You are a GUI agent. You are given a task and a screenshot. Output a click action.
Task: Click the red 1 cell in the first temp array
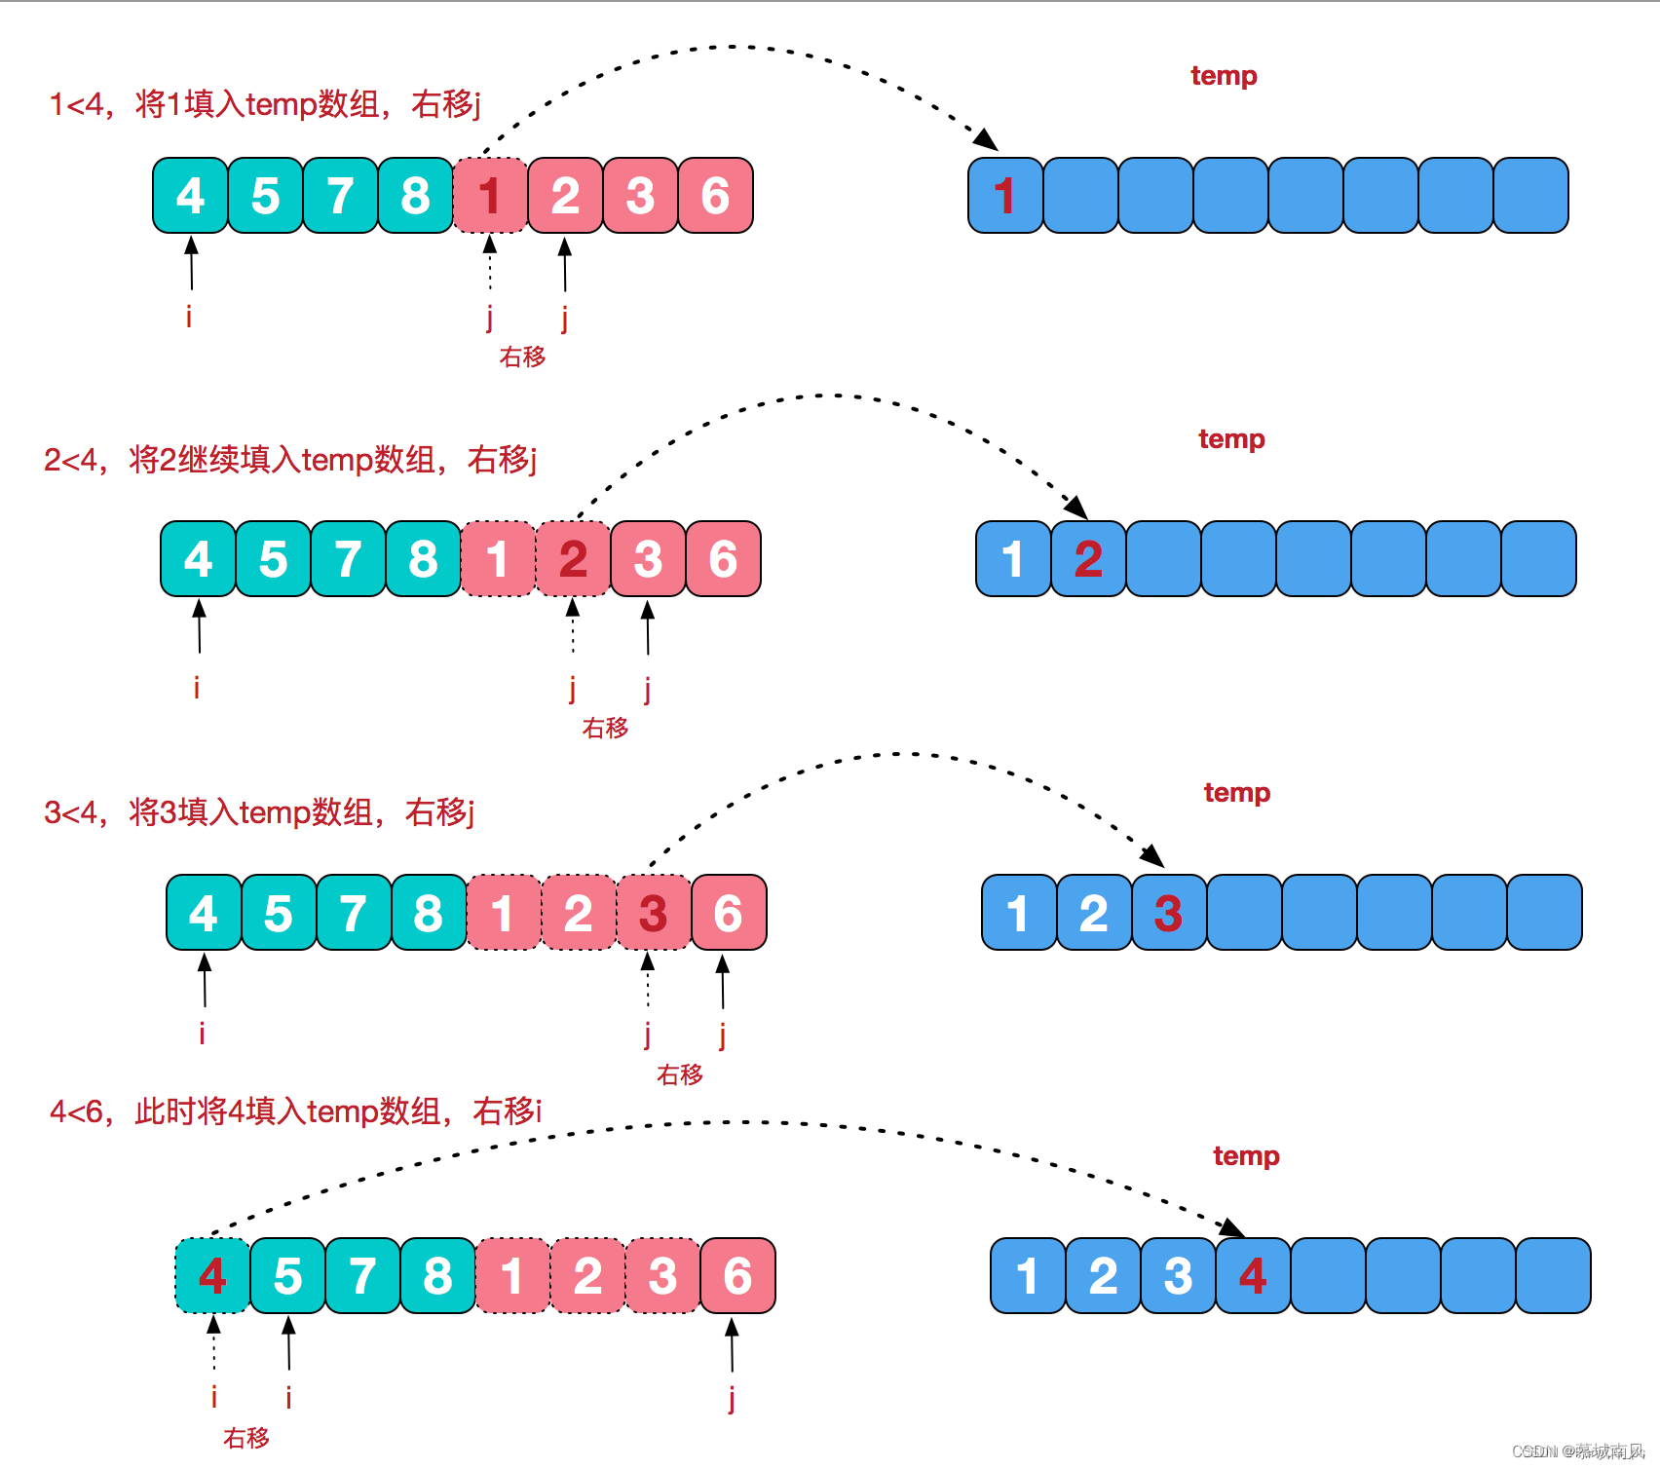tap(1005, 196)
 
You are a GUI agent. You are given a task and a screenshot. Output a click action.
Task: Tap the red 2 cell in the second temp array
tap(1088, 559)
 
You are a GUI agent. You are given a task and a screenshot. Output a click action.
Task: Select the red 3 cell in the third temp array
tap(1168, 913)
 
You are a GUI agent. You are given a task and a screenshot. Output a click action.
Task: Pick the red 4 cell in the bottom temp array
tap(1253, 1276)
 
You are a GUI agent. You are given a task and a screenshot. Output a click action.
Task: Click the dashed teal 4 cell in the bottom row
tap(212, 1276)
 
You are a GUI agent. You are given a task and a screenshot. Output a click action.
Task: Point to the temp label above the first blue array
tap(1224, 76)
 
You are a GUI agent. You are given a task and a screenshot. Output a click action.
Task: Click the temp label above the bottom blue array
tap(1246, 1156)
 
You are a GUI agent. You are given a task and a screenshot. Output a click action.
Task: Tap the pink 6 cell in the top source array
tap(715, 196)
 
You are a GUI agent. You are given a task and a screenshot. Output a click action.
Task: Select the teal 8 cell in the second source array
tap(423, 559)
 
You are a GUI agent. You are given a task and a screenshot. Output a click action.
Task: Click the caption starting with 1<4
tap(265, 103)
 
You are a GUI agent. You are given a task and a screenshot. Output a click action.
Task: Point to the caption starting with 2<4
tap(289, 459)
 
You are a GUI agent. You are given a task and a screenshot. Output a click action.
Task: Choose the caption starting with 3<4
tap(258, 811)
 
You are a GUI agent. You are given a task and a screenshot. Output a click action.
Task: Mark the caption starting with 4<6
tap(295, 1111)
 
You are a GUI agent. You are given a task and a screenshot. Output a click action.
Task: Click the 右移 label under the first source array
tap(522, 357)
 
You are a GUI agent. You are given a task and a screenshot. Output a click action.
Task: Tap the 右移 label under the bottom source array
tap(245, 1438)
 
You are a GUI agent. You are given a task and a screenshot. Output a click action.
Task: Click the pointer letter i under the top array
tap(189, 317)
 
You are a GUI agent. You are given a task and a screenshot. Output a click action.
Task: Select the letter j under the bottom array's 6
tap(732, 1399)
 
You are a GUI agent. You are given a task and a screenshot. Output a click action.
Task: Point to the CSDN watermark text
tap(1577, 1450)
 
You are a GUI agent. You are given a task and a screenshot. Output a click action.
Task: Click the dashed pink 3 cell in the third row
tap(653, 913)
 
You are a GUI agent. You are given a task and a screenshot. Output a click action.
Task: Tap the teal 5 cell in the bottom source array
tap(287, 1276)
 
